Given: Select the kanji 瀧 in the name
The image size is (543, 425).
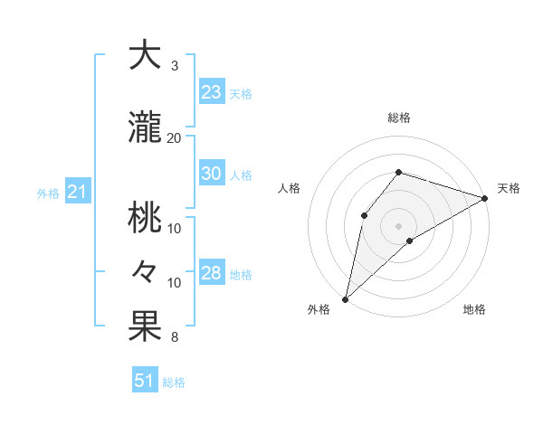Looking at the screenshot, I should click(x=145, y=128).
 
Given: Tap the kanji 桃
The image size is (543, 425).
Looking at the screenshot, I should click(x=145, y=217).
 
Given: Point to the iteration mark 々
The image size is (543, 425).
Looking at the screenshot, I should click(x=145, y=271).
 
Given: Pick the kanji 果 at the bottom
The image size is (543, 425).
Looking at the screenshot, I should click(x=145, y=326).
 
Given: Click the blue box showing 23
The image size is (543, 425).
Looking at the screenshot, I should click(x=211, y=92).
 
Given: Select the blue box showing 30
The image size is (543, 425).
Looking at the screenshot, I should click(x=211, y=174).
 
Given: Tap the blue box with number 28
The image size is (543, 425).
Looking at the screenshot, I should click(x=211, y=274).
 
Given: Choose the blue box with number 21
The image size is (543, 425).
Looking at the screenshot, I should click(x=77, y=192).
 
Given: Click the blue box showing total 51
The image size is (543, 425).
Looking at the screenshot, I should click(x=144, y=381).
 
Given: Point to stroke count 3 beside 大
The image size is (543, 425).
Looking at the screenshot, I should click(x=175, y=66).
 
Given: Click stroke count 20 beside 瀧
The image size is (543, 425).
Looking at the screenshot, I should click(x=175, y=138).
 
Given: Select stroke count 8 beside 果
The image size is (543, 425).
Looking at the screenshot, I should click(x=175, y=338).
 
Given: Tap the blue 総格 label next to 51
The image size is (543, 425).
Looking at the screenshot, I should click(x=174, y=382).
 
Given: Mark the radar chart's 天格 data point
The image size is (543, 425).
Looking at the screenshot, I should click(x=485, y=198).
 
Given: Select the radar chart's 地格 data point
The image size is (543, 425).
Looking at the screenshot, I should click(x=410, y=241).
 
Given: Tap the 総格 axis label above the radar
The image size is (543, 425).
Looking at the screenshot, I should click(x=398, y=118).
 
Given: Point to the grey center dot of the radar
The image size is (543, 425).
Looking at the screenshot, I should click(x=398, y=225).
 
